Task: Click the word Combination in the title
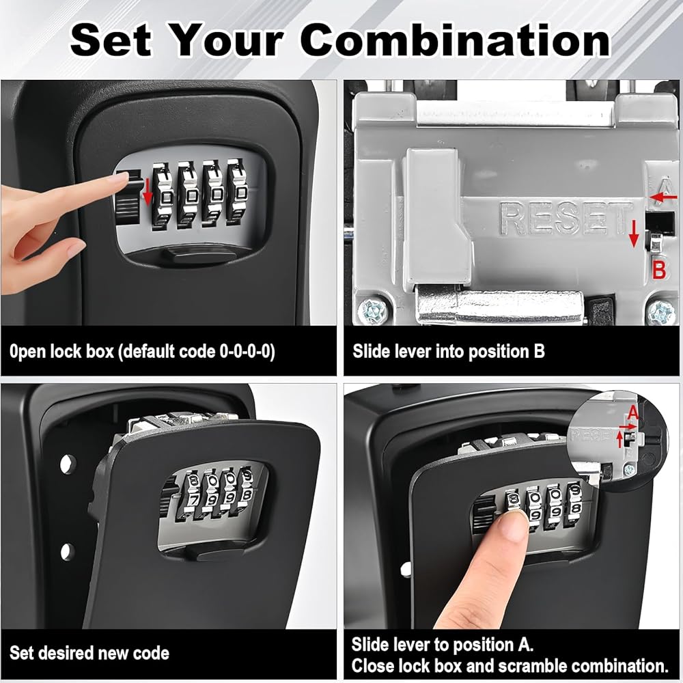pyautogui.click(x=455, y=40)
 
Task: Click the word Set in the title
pyautogui.click(x=111, y=40)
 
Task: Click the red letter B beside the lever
pyautogui.click(x=659, y=270)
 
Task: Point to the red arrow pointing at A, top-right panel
pyautogui.click(x=663, y=197)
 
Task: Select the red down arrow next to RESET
pyautogui.click(x=635, y=234)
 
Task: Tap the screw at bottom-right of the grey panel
pyautogui.click(x=661, y=311)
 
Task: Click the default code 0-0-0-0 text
pyautogui.click(x=197, y=352)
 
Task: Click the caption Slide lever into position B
pyautogui.click(x=449, y=351)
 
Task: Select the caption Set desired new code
pyautogui.click(x=89, y=653)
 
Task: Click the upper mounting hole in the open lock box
pyautogui.click(x=67, y=464)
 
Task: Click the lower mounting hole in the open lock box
pyautogui.click(x=67, y=551)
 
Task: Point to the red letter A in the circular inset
pyautogui.click(x=632, y=412)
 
